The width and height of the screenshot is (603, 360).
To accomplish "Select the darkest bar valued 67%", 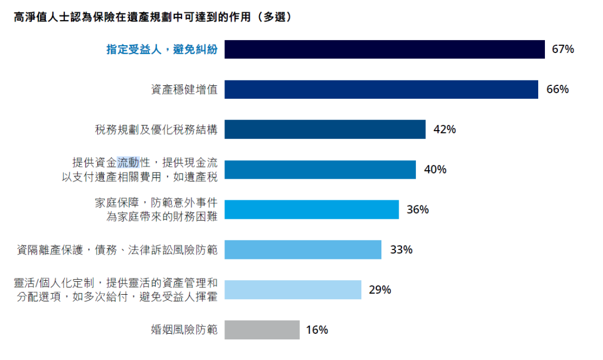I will click(x=384, y=49).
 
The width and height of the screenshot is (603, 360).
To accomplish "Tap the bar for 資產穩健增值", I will click(x=381, y=89).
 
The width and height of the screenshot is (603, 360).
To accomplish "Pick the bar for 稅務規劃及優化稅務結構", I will click(x=324, y=129).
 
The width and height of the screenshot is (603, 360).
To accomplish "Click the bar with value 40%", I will click(x=320, y=170).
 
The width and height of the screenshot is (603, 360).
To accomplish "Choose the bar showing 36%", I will click(x=312, y=210).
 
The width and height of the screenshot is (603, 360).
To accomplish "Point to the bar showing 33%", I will click(x=303, y=249).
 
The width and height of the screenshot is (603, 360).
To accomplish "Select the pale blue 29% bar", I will click(x=293, y=290).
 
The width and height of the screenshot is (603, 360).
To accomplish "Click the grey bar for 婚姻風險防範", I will click(x=262, y=330).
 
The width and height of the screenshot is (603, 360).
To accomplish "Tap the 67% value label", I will click(x=563, y=49).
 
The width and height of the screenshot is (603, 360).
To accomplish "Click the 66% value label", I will click(x=557, y=89).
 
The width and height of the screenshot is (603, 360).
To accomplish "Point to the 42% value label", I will click(x=444, y=129).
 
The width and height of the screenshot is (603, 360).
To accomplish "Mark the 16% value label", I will click(x=317, y=330).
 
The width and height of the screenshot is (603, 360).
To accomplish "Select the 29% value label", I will click(x=380, y=290).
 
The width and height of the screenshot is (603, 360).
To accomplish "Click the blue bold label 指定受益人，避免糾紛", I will click(x=162, y=50).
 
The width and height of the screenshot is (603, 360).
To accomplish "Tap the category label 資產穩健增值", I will click(x=184, y=89).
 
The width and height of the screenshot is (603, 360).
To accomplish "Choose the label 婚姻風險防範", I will click(x=184, y=330).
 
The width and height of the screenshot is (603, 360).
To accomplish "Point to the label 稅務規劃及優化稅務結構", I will click(x=156, y=130).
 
